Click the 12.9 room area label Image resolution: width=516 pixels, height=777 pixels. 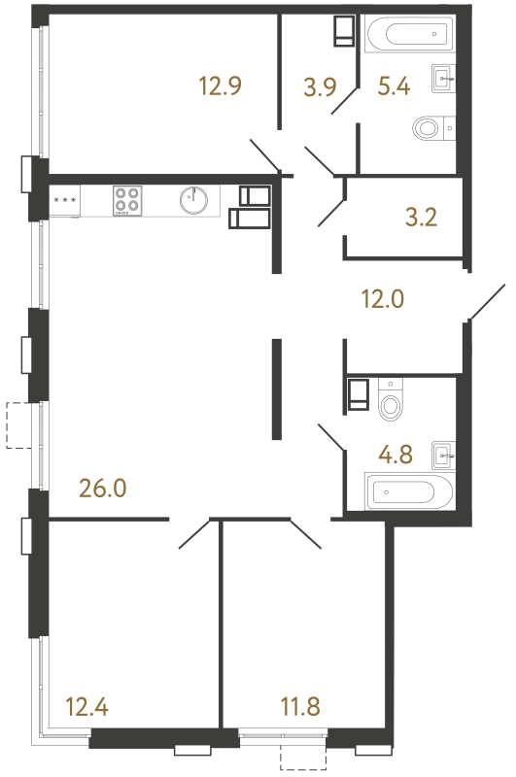tap(220, 85)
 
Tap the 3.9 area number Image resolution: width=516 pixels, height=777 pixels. tap(320, 88)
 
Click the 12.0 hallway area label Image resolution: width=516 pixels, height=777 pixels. tap(383, 299)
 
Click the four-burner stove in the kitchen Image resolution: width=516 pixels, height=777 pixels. tap(126, 200)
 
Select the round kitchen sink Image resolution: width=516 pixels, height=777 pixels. tap(193, 200)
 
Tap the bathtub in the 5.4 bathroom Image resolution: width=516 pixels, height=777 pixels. tap(408, 35)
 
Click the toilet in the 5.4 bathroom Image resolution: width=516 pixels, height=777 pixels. tap(430, 127)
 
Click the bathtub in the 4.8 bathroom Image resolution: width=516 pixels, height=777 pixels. tap(408, 491)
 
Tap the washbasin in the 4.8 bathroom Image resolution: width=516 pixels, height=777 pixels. tap(444, 452)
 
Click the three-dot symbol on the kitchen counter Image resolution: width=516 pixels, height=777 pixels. tap(64, 200)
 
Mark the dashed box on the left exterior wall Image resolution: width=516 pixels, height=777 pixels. tap(19, 425)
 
